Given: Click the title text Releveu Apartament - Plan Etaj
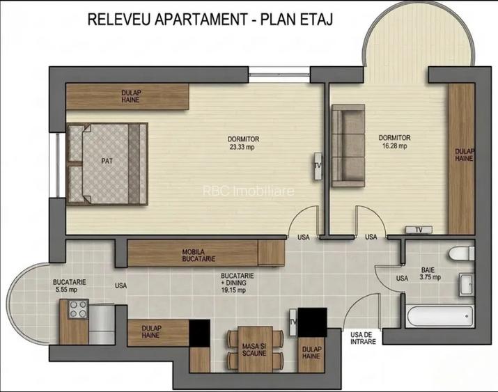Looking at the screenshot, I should tap(209, 19).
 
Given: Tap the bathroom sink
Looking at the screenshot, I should tap(467, 284).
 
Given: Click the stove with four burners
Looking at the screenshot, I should tap(76, 310).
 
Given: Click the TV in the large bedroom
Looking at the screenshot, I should tap(317, 166).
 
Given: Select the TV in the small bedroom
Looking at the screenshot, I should tap(419, 229).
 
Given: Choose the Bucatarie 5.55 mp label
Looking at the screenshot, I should tap(69, 286).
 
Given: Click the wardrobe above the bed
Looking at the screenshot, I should tap(127, 96).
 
